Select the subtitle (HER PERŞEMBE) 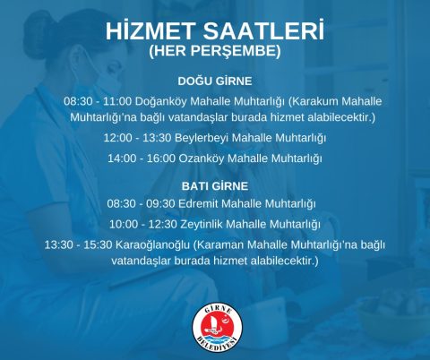click(215, 51)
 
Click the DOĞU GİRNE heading click(215, 81)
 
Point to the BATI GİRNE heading click(215, 186)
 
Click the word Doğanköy click(161, 102)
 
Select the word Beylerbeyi click(202, 138)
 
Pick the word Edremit click(199, 203)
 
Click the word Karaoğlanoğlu click(152, 245)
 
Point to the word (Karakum click(314, 101)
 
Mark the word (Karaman click(219, 245)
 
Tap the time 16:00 click(161, 159)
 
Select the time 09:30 click(160, 203)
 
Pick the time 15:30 click(98, 244)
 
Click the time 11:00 click(117, 101)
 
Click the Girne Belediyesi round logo click(217, 328)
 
